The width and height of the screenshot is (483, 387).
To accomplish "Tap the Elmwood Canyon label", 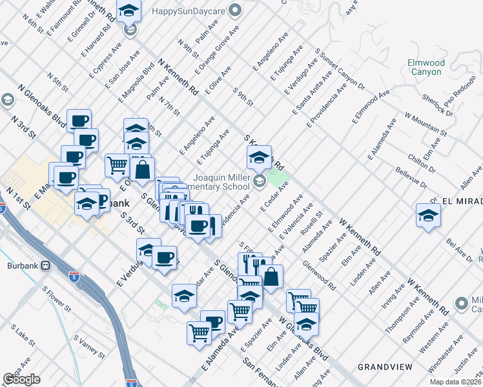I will click(426, 67).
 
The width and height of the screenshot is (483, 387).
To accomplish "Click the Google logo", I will click(21, 379).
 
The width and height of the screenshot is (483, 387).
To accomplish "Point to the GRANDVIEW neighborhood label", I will click(385, 366).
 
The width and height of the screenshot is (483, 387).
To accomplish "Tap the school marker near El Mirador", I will click(428, 215).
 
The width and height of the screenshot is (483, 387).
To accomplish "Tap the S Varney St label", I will click(89, 346).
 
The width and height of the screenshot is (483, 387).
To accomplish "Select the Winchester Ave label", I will click(448, 354).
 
